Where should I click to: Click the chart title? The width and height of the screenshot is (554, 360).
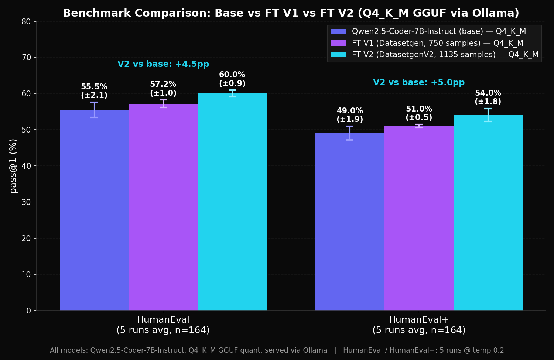tap(291, 13)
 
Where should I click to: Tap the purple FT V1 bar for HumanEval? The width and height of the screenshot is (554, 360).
tap(163, 207)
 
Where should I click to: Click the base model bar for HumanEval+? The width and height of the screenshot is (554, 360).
tap(350, 222)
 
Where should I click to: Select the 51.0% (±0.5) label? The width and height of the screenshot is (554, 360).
tap(419, 113)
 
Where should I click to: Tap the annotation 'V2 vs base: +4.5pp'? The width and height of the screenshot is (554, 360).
tap(163, 64)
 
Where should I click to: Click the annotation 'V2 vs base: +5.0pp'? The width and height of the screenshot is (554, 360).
tap(419, 83)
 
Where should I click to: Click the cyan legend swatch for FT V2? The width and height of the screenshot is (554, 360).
tap(338, 55)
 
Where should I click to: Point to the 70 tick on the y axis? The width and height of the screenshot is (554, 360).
tap(26, 58)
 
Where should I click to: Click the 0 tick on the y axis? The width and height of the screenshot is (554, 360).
tap(28, 311)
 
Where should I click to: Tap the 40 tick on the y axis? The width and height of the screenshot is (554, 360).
tap(26, 166)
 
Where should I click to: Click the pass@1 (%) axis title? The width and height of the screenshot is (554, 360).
tap(13, 166)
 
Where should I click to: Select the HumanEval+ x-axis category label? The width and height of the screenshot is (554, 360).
tap(419, 325)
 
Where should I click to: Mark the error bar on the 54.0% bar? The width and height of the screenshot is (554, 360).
tap(488, 115)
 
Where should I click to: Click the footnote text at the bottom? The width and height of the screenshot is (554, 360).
tap(277, 350)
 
